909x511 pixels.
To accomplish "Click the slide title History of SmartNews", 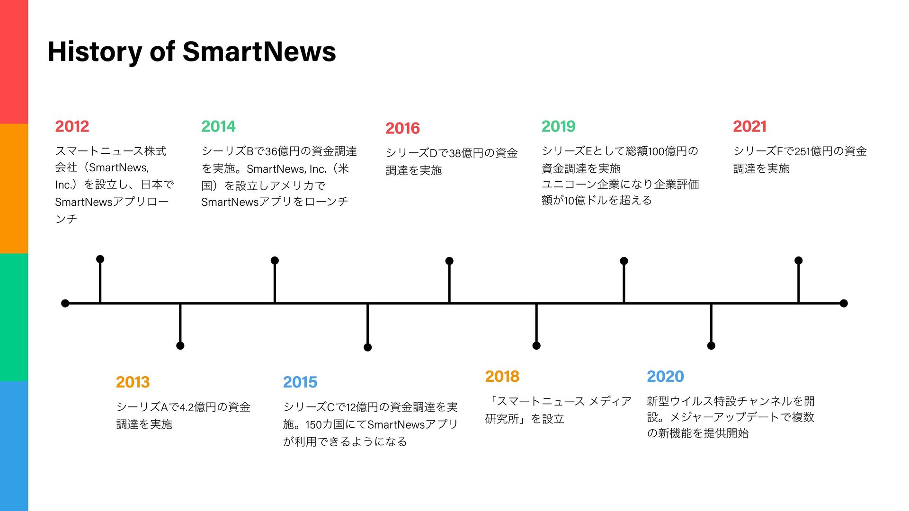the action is click(192, 52).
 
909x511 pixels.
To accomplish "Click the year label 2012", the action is click(72, 126).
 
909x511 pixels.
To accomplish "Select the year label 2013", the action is click(133, 382).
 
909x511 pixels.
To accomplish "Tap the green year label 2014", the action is click(218, 126).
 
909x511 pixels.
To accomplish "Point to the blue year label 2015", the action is click(300, 382).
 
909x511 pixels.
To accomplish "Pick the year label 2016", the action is click(402, 128).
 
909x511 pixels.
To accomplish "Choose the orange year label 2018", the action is click(502, 376).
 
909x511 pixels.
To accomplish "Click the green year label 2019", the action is click(559, 126).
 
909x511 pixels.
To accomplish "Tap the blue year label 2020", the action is click(665, 376).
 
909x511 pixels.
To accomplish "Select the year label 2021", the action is click(749, 126).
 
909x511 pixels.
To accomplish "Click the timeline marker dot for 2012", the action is click(100, 259).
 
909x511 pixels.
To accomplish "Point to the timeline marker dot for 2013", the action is click(180, 346).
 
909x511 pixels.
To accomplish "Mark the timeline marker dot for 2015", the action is click(367, 347).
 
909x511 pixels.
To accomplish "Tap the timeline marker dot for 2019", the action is click(624, 261).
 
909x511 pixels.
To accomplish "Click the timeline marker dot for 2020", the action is click(711, 346).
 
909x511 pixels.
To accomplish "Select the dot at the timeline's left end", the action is click(65, 303).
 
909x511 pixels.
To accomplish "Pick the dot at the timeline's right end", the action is click(844, 303).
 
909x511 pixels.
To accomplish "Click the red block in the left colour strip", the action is click(14, 62).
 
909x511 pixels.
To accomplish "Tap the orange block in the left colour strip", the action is click(14, 188).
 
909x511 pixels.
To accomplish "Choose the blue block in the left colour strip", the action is click(14, 446).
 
